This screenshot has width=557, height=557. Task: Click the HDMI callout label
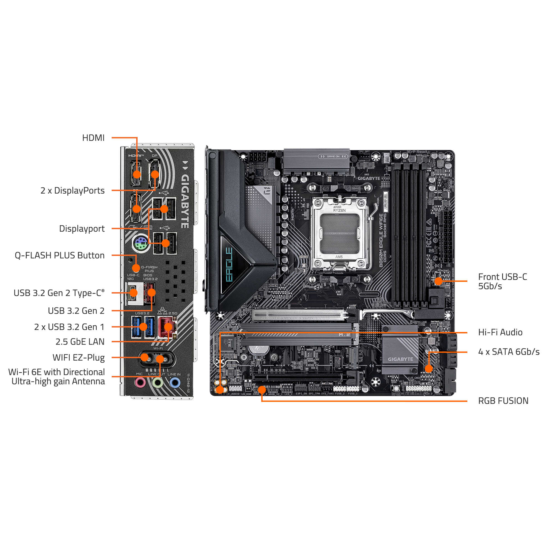pos(93,138)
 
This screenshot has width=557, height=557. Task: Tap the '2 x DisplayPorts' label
pos(73,190)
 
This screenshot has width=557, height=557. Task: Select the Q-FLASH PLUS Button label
pos(60,255)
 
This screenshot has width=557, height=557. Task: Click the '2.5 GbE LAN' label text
pos(80,342)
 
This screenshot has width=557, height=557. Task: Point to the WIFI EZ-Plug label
pos(79,358)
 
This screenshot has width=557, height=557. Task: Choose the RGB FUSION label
pos(503,401)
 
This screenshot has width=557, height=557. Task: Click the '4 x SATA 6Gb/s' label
pos(509,352)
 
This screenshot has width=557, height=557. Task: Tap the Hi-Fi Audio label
pos(500,332)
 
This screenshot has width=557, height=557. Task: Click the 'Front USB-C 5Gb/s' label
pos(502,281)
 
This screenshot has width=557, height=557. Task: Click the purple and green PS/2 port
pos(140,244)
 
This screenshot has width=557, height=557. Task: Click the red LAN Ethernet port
pos(167,328)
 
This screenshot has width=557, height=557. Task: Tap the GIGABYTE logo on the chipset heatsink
pos(400,359)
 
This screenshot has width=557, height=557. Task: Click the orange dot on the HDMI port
pos(137,174)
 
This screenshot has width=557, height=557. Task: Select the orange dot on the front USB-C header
pos(438,281)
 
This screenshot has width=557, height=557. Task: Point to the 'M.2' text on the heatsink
pos(344,335)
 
